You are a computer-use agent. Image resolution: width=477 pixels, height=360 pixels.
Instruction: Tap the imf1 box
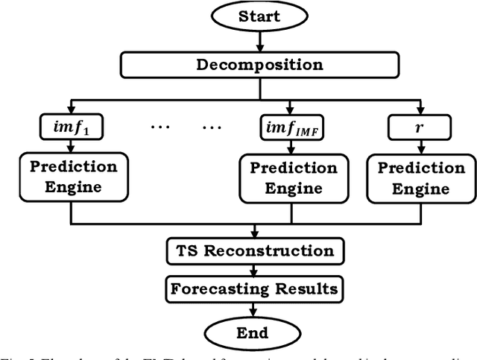tap(72, 127)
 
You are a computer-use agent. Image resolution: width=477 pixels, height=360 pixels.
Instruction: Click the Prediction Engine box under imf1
tap(72, 177)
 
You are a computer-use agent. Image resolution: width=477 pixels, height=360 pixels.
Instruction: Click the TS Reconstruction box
tap(256, 250)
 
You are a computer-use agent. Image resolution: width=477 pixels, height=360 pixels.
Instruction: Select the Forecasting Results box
tap(256, 288)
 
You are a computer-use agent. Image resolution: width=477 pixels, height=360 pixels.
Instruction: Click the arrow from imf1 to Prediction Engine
tap(72, 147)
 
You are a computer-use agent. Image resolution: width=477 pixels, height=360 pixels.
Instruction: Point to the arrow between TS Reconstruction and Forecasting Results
tap(256, 269)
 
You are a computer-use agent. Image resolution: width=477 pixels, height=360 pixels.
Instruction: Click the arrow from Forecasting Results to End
tap(256, 308)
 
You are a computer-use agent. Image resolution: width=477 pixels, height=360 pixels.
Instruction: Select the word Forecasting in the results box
tap(217, 288)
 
